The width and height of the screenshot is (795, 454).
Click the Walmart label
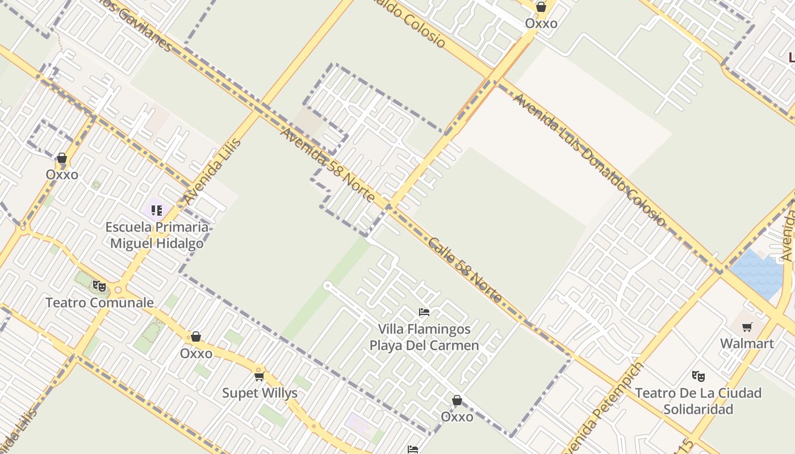[x=747, y=343]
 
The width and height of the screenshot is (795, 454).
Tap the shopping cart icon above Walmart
[x=747, y=327]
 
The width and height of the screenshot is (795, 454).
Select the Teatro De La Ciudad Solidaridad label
[x=698, y=401]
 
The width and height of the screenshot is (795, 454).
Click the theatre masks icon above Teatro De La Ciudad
[x=698, y=376]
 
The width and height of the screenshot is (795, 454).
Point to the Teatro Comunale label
[x=99, y=302]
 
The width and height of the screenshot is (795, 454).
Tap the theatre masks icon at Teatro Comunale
[x=99, y=285]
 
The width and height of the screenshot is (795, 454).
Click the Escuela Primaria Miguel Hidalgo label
[x=157, y=236]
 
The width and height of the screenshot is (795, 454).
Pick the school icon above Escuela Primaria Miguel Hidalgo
[x=157, y=211]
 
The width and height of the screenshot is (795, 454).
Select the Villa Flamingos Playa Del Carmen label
[x=424, y=337]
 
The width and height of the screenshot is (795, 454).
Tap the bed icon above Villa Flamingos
[x=424, y=312]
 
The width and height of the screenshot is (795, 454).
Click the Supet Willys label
[x=260, y=393]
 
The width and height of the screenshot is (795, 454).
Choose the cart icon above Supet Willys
[x=260, y=376]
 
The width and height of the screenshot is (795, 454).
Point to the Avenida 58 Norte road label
[x=328, y=165]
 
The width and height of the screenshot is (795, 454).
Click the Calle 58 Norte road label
[x=465, y=270]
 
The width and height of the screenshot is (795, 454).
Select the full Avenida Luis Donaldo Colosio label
[x=589, y=159]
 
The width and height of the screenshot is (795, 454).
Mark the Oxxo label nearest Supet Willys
[x=196, y=354]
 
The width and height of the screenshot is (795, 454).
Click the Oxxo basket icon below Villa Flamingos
[x=457, y=401]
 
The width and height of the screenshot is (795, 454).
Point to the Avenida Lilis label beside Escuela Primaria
[x=212, y=171]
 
